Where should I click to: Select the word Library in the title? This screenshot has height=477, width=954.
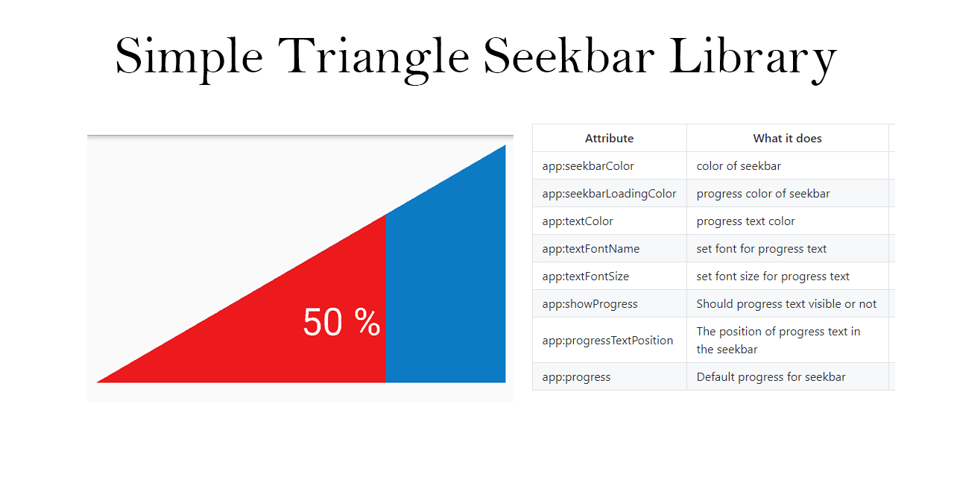[x=753, y=57]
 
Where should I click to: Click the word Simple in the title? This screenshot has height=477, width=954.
[x=189, y=57]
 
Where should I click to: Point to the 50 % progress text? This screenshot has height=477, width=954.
[x=341, y=323]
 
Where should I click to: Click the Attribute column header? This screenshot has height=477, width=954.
[x=609, y=139]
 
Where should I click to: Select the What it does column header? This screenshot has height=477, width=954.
[x=787, y=139]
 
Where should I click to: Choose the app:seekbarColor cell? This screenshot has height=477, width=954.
[x=588, y=166]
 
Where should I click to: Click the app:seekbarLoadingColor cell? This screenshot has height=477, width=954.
[x=609, y=194]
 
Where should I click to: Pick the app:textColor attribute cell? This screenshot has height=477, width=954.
[x=578, y=221]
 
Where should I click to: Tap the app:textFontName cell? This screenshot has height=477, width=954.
[x=590, y=249]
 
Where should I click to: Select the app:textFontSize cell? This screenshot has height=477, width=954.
[x=585, y=277]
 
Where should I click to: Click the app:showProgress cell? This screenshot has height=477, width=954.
[x=590, y=304]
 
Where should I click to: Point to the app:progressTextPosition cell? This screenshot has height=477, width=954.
[x=607, y=341]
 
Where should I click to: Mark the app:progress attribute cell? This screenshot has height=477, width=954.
[x=576, y=377]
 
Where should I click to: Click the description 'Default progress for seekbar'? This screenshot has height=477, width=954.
[x=771, y=377]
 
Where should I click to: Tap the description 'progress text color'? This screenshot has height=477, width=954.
[x=745, y=221]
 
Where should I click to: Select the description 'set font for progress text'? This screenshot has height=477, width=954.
[x=761, y=249]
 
